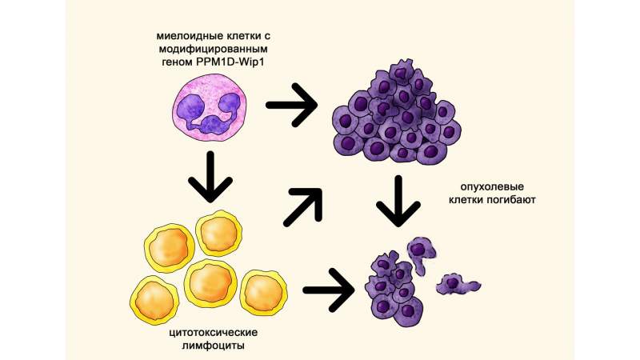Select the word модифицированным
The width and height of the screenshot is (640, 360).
click(x=213, y=50)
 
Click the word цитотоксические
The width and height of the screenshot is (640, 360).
click(x=214, y=332)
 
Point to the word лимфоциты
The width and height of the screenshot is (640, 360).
click(x=214, y=346)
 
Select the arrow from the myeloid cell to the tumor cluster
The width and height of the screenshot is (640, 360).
click(x=291, y=105)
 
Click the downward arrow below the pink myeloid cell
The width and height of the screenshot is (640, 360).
click(x=210, y=177)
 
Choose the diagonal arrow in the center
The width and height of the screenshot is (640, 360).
click(x=303, y=206)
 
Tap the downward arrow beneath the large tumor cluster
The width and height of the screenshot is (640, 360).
click(x=398, y=202)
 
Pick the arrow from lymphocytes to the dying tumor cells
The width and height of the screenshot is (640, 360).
click(x=329, y=290)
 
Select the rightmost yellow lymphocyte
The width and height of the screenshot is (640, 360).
click(x=264, y=294)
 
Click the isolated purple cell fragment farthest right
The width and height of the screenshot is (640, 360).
click(x=458, y=284)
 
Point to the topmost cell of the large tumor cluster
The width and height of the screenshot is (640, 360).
click(x=401, y=74)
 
